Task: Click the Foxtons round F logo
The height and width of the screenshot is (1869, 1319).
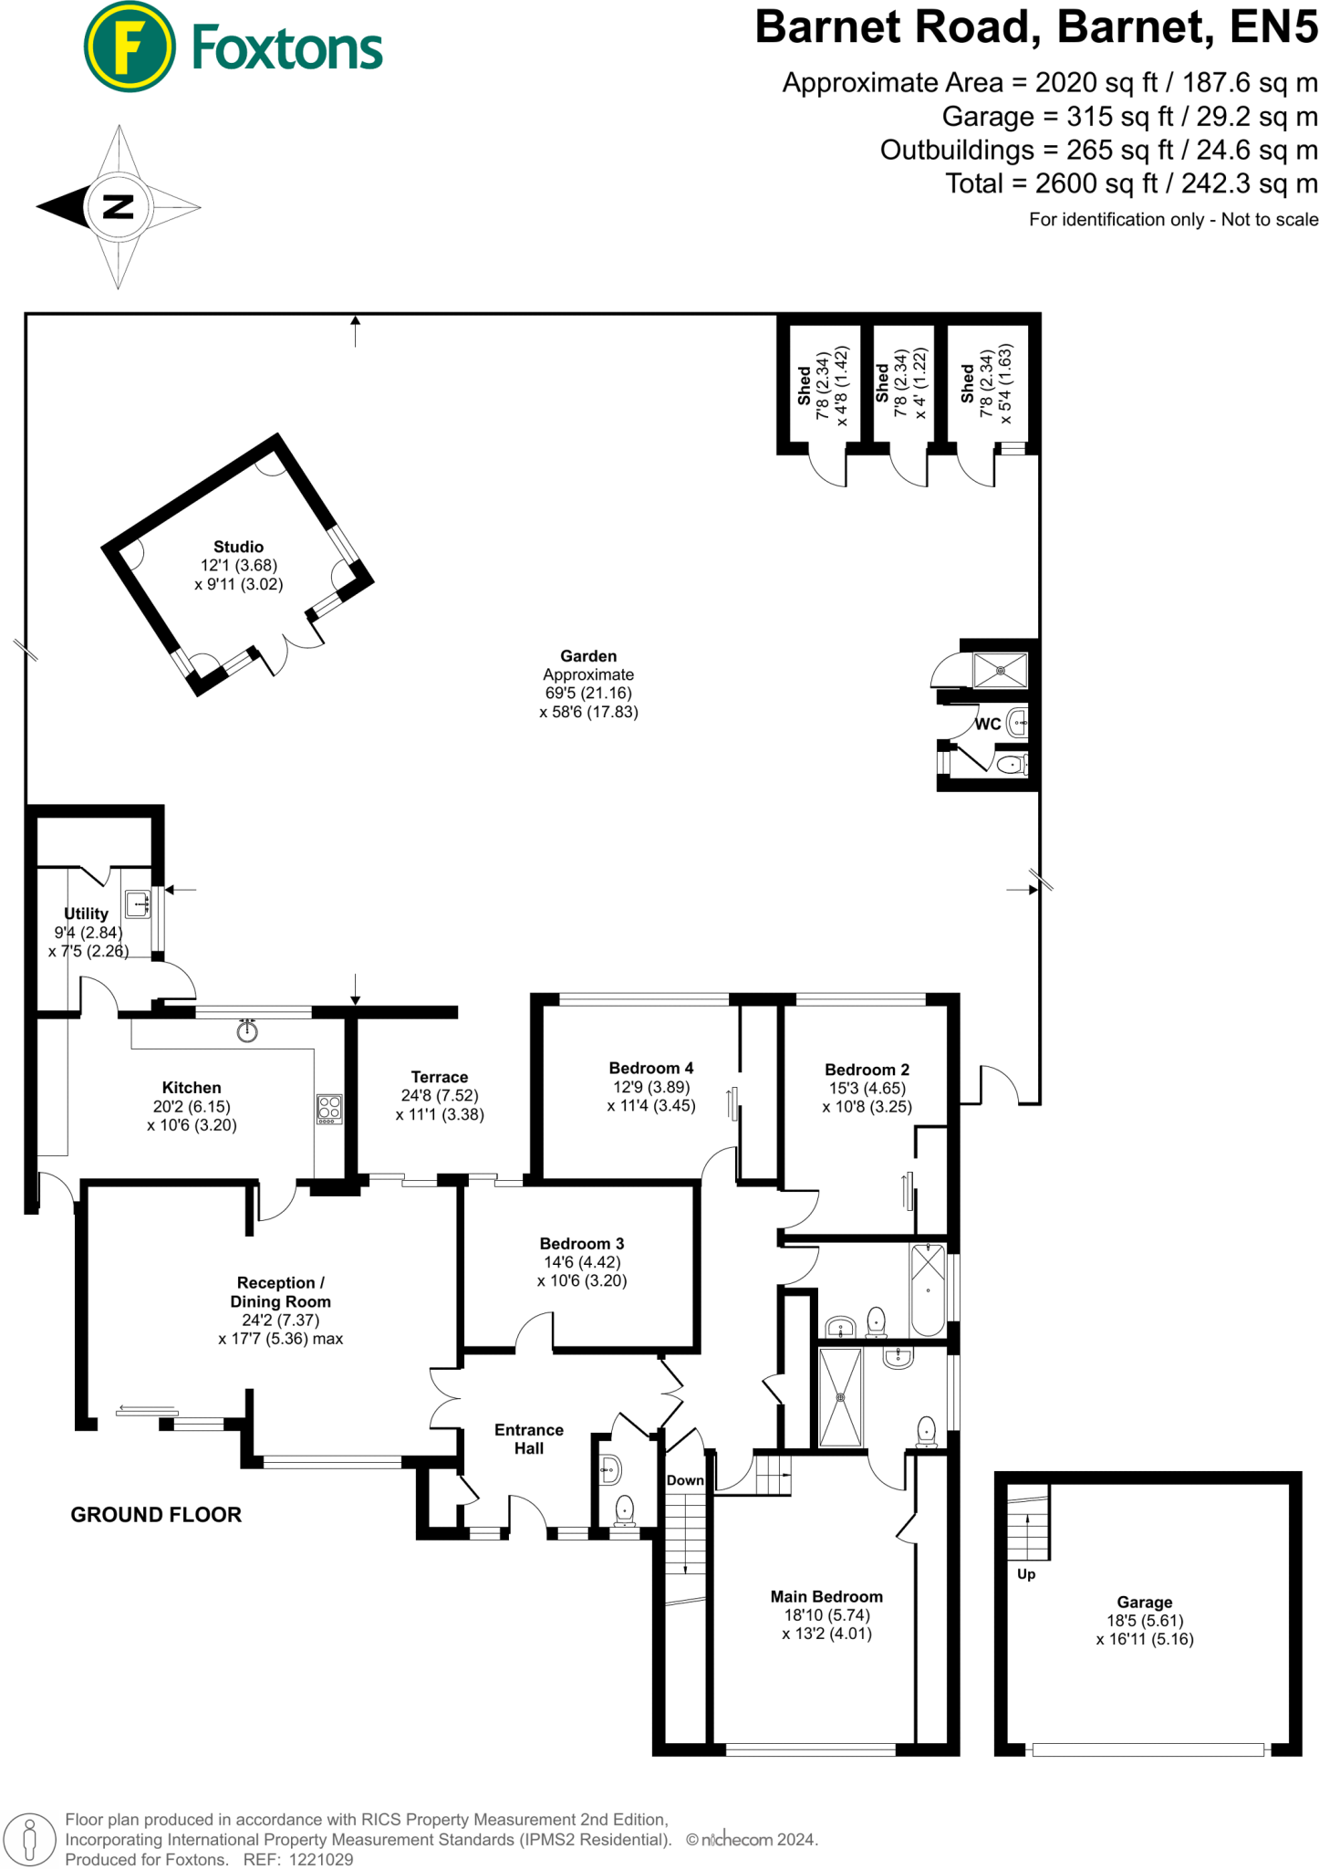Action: click(129, 47)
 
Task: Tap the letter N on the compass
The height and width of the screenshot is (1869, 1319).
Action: click(118, 207)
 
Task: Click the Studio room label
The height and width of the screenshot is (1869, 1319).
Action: click(239, 547)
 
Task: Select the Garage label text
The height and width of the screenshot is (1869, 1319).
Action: click(1144, 1602)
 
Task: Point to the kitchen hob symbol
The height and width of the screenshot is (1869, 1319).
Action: click(329, 1109)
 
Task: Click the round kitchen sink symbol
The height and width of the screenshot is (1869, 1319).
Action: click(247, 1031)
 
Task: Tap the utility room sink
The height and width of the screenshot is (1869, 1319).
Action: click(138, 903)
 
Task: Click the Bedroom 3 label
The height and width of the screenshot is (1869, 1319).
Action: click(582, 1244)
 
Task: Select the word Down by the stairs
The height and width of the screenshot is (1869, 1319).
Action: click(685, 1480)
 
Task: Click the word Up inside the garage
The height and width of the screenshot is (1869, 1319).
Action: click(1026, 1574)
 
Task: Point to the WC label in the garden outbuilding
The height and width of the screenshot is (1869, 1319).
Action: click(988, 724)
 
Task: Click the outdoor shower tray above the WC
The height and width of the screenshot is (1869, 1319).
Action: click(1000, 671)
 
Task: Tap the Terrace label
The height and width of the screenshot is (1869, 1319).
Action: click(439, 1077)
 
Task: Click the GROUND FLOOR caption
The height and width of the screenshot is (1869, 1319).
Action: click(156, 1515)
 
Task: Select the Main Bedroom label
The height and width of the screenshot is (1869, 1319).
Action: click(826, 1596)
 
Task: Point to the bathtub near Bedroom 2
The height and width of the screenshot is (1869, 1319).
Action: click(928, 1290)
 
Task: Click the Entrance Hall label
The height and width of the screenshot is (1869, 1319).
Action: click(529, 1439)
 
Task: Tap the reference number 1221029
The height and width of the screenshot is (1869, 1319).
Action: click(321, 1859)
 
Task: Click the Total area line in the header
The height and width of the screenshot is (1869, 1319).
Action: click(1131, 183)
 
